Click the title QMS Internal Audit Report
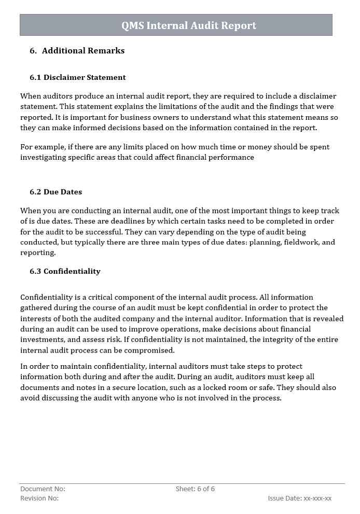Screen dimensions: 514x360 click(189, 25)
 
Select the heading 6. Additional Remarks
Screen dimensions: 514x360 click(77, 51)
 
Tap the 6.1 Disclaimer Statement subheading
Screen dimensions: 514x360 click(77, 77)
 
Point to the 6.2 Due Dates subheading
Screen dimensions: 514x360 click(56, 192)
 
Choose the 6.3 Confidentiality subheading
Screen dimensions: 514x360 click(65, 271)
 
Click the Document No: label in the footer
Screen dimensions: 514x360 click(43, 489)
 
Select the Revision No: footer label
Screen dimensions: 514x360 click(39, 498)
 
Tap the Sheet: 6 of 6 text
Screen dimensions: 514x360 click(195, 489)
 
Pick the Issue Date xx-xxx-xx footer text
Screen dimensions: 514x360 click(299, 498)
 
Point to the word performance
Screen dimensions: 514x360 click(231, 157)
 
